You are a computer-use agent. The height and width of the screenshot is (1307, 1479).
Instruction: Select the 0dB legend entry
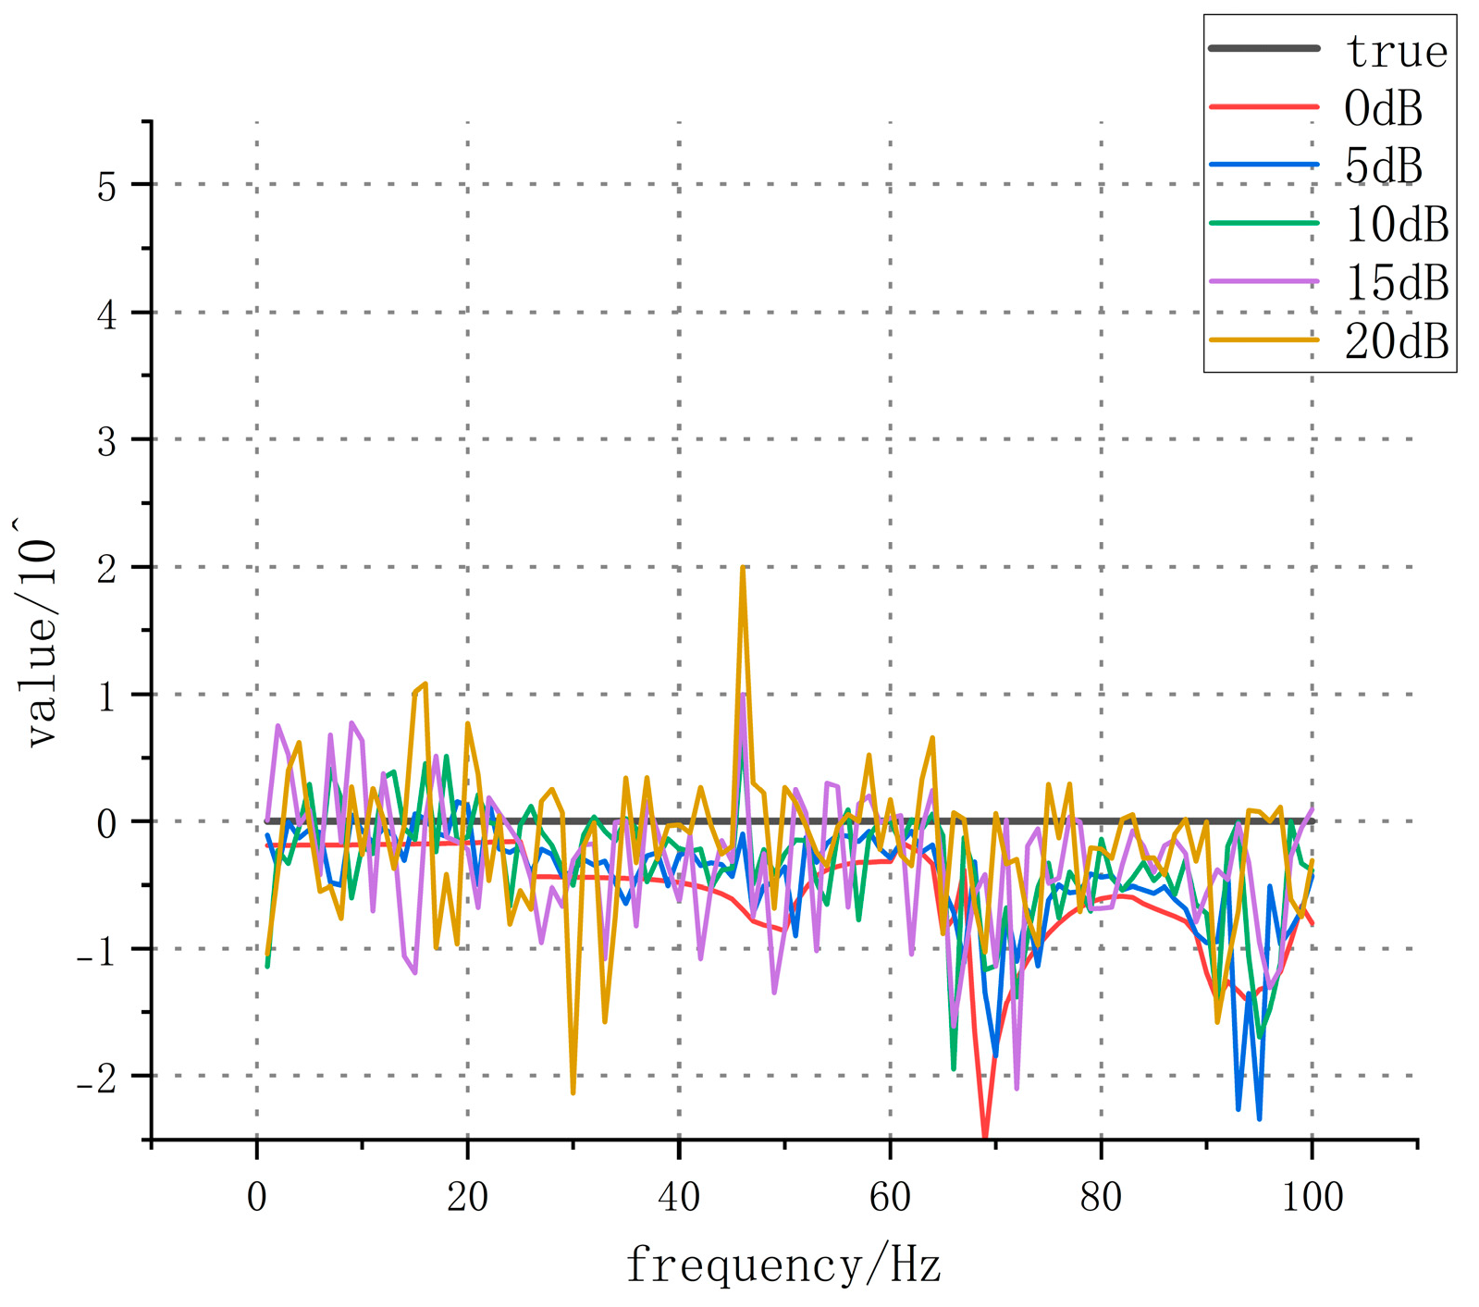pyautogui.click(x=1383, y=108)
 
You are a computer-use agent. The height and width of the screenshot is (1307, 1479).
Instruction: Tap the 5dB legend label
pyautogui.click(x=1383, y=166)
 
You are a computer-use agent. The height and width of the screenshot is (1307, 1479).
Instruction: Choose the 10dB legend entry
pyautogui.click(x=1397, y=225)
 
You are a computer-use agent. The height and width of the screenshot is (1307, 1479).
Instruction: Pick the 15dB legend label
pyautogui.click(x=1397, y=283)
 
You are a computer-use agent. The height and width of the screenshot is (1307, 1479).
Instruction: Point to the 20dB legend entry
pyautogui.click(x=1397, y=341)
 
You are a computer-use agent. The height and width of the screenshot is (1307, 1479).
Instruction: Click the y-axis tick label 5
pyautogui.click(x=107, y=186)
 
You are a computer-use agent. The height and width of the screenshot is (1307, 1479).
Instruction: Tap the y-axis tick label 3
pyautogui.click(x=107, y=441)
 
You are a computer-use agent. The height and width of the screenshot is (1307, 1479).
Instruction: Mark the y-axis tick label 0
pyautogui.click(x=107, y=823)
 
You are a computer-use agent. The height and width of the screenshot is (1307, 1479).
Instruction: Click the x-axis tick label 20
pyautogui.click(x=467, y=1197)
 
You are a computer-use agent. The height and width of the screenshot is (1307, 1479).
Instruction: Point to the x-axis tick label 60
pyautogui.click(x=890, y=1197)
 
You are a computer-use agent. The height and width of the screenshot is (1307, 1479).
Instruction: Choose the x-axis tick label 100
pyautogui.click(x=1313, y=1197)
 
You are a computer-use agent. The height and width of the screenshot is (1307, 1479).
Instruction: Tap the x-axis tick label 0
pyautogui.click(x=256, y=1197)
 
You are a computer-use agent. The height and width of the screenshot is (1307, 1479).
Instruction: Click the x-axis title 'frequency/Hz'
pyautogui.click(x=783, y=1264)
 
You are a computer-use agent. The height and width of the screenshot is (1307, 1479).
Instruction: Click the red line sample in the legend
pyautogui.click(x=1263, y=107)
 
